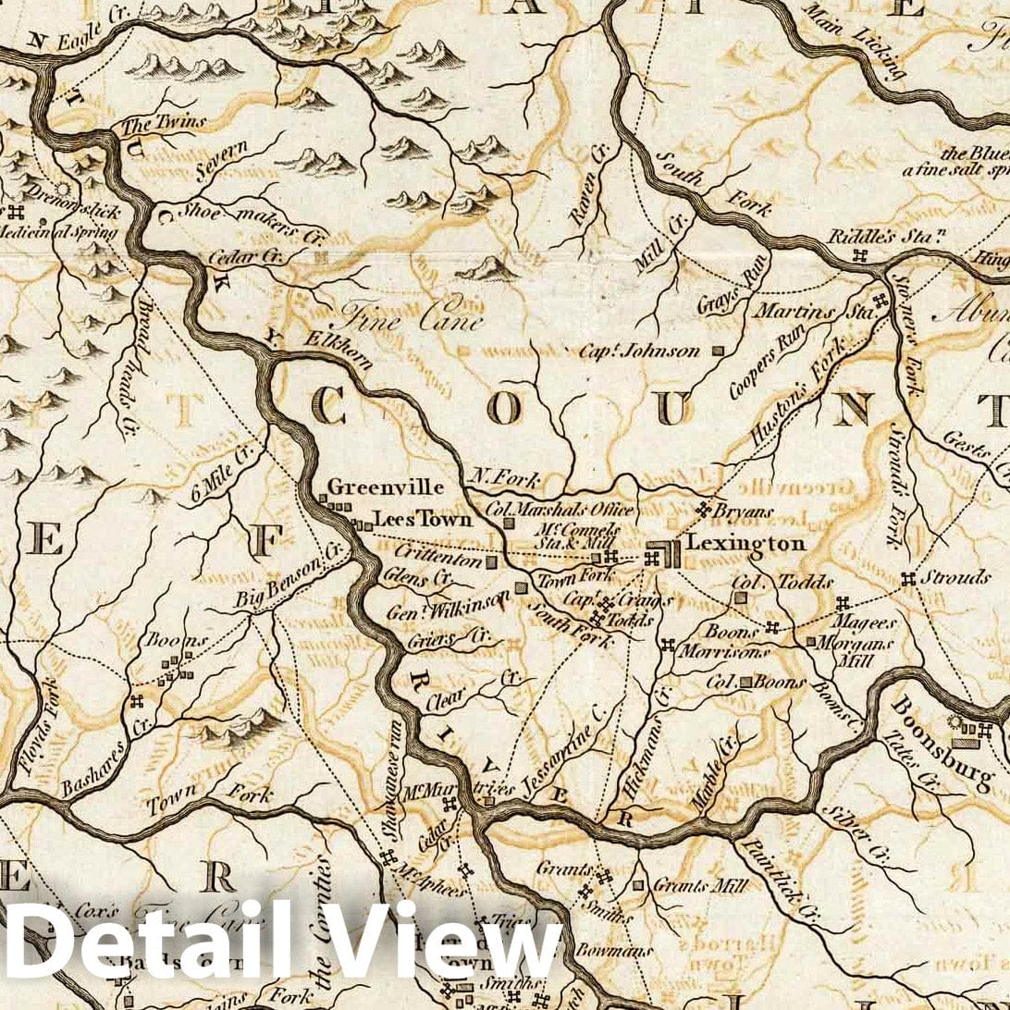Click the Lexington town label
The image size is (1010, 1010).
pos(745,544)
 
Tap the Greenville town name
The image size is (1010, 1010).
pos(386,487)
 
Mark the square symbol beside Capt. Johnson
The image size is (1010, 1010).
pos(718,351)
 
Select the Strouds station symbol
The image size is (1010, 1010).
pos(907,579)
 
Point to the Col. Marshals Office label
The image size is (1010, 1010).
pos(560,509)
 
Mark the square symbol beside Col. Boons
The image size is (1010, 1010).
pos(745,683)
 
